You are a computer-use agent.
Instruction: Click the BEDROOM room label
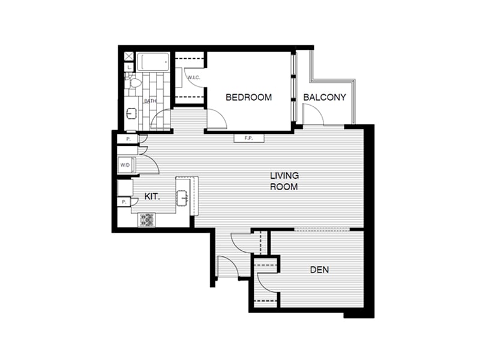(x=248, y=97)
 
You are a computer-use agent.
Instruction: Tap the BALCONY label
(x=325, y=97)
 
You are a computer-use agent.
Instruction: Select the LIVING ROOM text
(x=284, y=181)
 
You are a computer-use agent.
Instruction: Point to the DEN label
(x=319, y=270)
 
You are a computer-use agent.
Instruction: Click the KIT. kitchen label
(x=152, y=196)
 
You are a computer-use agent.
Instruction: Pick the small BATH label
(x=150, y=101)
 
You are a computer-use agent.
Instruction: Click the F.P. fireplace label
(x=248, y=139)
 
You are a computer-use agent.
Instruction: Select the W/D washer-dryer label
(x=125, y=164)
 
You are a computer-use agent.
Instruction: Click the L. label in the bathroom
(x=129, y=68)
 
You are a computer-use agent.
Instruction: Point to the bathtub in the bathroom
(x=154, y=63)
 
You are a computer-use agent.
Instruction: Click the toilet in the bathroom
(x=134, y=83)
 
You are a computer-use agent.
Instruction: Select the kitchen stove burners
(x=147, y=220)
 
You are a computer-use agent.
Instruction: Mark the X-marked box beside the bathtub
(x=128, y=56)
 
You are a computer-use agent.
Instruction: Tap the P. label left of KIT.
(x=124, y=203)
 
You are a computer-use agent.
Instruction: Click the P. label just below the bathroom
(x=127, y=139)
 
